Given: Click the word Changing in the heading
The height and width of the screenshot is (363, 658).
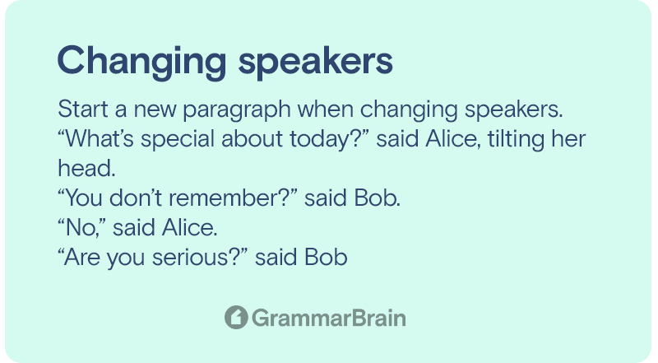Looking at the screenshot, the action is coord(141,63).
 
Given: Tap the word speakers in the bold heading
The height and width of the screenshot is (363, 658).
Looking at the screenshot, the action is coord(316,63).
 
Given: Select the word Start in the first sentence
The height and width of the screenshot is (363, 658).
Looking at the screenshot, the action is coord(83,109).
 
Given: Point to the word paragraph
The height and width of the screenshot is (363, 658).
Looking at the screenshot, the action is coord(237,110).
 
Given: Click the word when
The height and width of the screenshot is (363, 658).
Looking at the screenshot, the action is coord(326,109).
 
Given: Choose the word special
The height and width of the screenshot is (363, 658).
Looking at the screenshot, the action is coord(178,139).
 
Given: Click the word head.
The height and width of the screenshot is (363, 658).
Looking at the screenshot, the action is coord(86,169).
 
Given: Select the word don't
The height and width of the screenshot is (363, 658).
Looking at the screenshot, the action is coord(136,198).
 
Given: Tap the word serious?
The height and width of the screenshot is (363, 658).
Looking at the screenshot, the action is coord(200,257).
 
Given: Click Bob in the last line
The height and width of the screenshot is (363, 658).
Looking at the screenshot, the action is coord(326,257).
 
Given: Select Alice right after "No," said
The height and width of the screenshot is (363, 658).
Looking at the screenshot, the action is coord(190,228).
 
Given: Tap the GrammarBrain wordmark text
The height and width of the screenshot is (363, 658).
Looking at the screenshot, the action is coord(329,318).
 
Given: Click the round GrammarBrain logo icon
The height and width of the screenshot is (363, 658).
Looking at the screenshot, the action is coord(236,317).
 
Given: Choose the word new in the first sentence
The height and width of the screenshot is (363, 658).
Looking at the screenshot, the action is coord(155,110).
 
